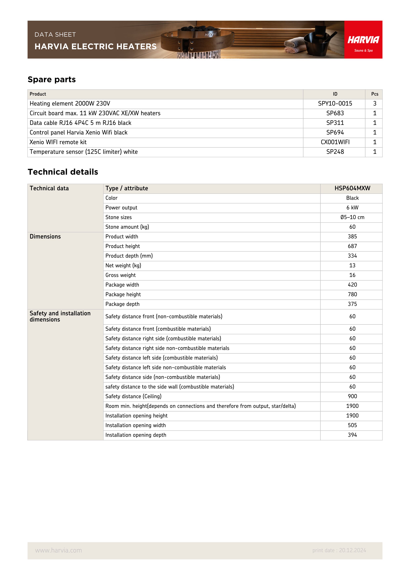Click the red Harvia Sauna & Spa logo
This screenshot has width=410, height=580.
point(363,40)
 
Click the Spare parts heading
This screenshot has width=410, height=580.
point(52,79)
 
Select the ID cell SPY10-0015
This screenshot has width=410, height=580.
point(335,104)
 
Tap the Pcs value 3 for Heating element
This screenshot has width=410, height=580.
point(374,104)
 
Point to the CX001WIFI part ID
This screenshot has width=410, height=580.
point(335,142)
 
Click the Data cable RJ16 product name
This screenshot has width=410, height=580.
point(80,123)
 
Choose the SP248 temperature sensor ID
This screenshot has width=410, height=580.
point(335,152)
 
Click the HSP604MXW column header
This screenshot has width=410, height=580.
point(352,188)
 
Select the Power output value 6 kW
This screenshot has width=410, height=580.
point(352,208)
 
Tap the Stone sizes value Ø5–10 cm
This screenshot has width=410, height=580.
point(352,217)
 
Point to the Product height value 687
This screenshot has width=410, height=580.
point(352,246)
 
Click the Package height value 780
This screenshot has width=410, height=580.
point(352,295)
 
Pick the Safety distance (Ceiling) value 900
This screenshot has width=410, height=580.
point(352,396)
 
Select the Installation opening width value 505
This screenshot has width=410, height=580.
point(352,425)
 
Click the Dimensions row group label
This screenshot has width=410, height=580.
point(45,237)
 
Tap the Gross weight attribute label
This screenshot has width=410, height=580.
point(121,275)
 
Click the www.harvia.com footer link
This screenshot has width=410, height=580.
point(58,550)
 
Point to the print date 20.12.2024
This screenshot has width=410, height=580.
point(339,550)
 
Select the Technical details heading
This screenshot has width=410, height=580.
point(63,172)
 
